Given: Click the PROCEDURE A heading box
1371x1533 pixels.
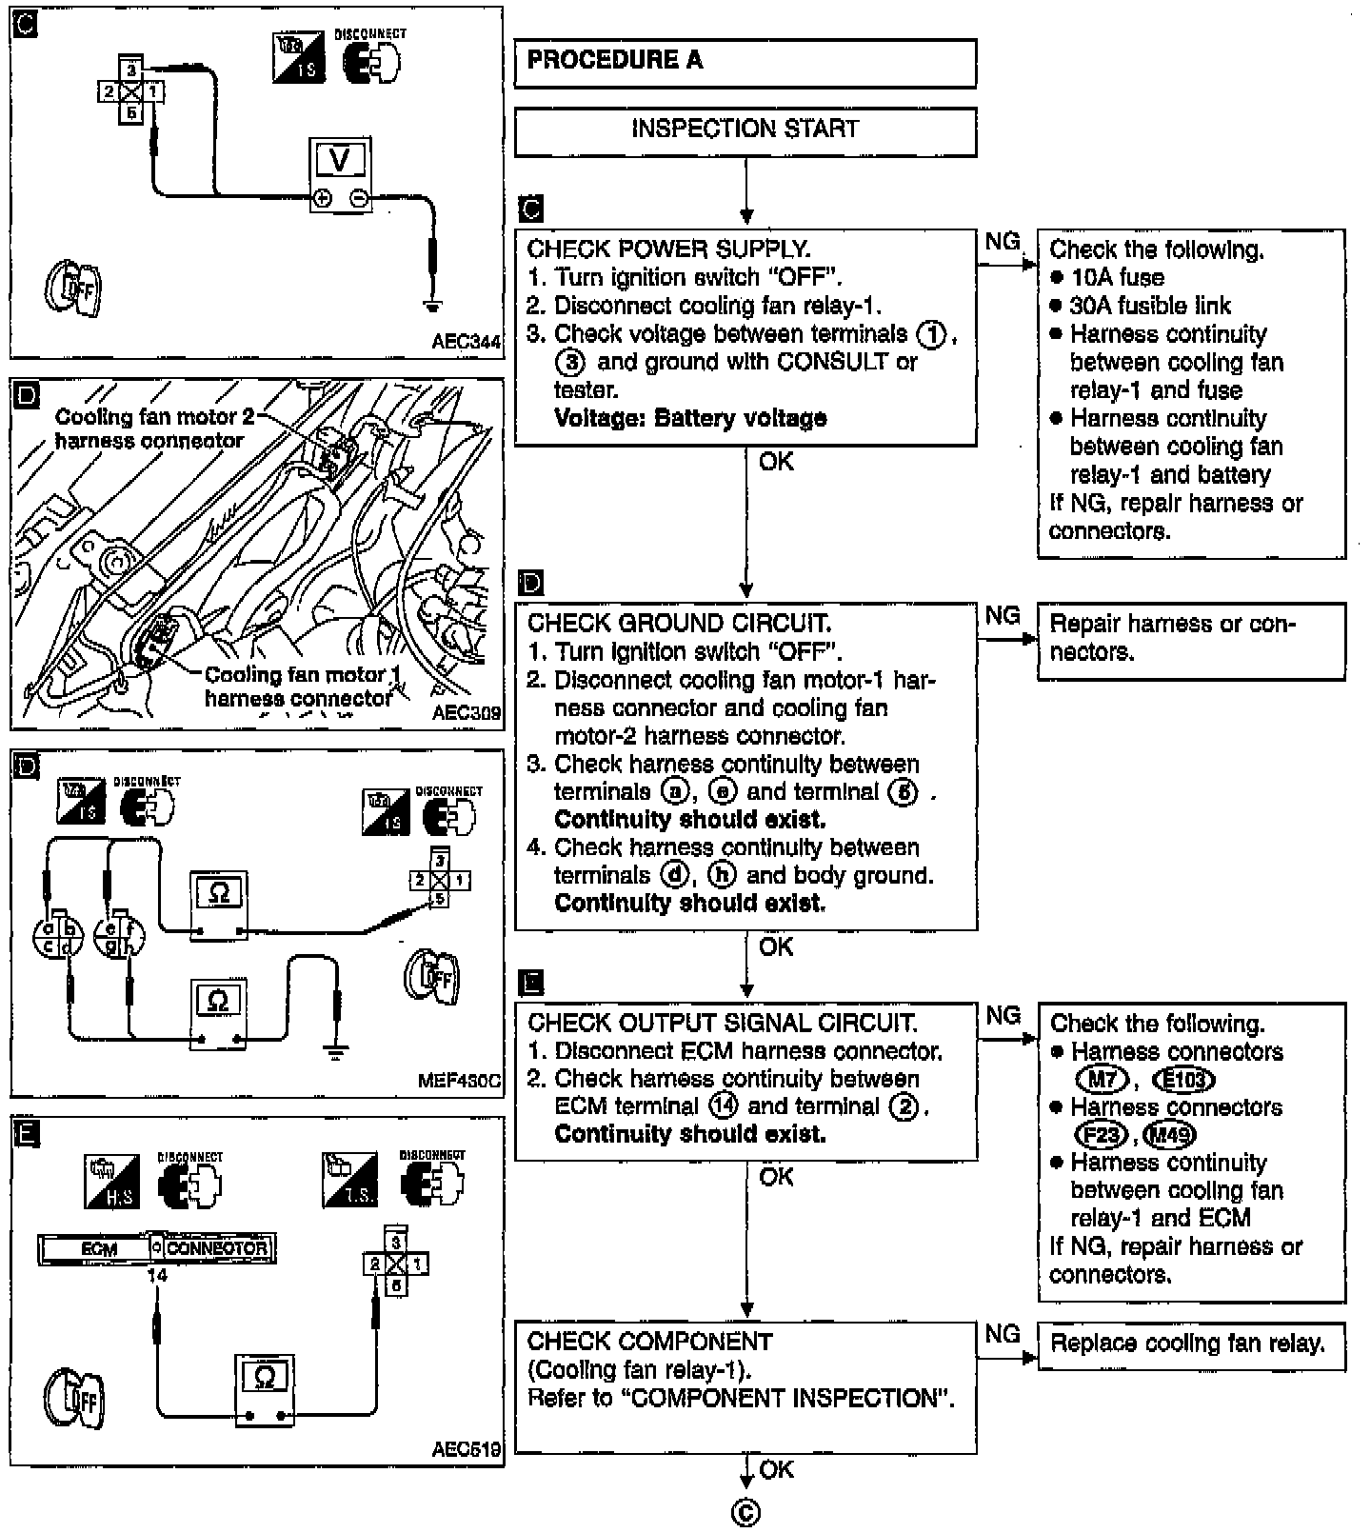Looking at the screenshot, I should (x=745, y=63).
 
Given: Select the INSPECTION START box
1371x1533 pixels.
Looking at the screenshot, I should (x=745, y=130).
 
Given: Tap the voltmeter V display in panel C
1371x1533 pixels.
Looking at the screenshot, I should (x=340, y=162).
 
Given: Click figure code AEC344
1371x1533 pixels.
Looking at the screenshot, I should (x=466, y=342).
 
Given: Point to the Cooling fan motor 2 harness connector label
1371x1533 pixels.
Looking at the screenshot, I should (x=149, y=428).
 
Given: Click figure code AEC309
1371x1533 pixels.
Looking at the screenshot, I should (x=466, y=712).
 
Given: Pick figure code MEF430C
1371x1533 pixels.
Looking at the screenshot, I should (x=459, y=1081).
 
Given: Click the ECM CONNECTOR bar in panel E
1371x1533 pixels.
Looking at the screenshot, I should (x=157, y=1248).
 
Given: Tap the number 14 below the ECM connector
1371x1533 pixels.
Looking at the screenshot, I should (x=157, y=1275).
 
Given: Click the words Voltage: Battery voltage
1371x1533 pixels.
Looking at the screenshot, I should (x=690, y=418).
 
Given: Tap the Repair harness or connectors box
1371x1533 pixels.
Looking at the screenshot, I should (x=1191, y=639).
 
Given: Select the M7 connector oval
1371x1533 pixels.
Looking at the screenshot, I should (x=1102, y=1080).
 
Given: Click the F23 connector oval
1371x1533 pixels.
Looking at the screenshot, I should (x=1101, y=1135).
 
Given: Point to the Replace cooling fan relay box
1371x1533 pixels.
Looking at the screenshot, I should (x=1191, y=1344).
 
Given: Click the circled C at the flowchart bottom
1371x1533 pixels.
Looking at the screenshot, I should (x=746, y=1513).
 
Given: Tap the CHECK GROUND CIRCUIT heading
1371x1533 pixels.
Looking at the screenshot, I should (x=679, y=624).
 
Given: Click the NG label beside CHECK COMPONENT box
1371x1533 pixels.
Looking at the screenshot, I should (x=1003, y=1334).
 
